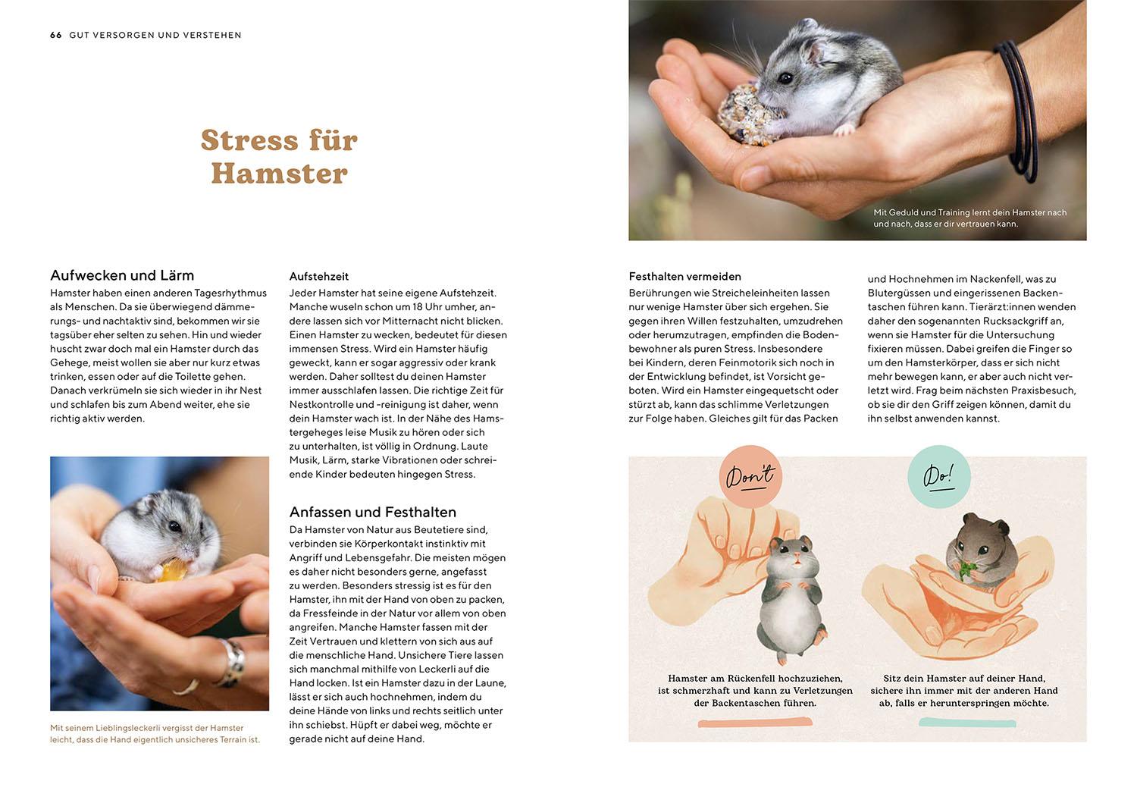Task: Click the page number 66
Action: [55, 35]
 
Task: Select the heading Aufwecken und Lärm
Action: [122, 275]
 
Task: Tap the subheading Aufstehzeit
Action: [319, 277]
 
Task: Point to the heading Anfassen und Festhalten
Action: [372, 512]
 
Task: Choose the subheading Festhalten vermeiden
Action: [684, 277]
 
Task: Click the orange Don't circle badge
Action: [750, 476]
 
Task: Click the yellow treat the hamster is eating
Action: [171, 570]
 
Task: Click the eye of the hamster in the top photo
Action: [785, 77]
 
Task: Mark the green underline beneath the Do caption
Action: [957, 723]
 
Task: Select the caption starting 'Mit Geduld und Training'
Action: [969, 218]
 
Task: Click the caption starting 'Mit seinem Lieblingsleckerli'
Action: [155, 733]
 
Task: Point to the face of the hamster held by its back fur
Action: [792, 557]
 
